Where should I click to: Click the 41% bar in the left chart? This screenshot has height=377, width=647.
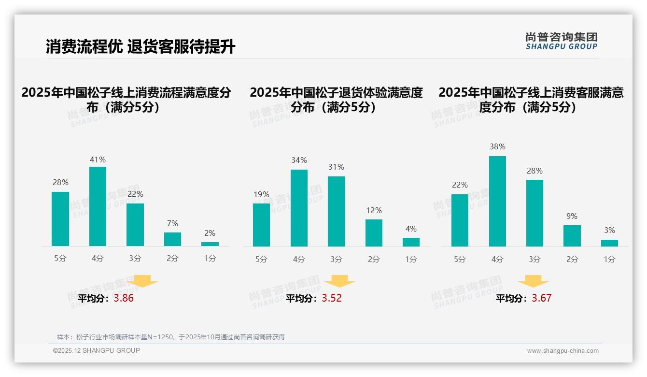pos(98,206)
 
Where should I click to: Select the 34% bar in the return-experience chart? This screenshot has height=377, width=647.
pos(299,208)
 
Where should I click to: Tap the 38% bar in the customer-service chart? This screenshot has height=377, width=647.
pos(497,201)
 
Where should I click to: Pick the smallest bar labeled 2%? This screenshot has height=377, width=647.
pos(210,244)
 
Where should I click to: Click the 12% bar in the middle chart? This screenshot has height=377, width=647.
pos(374,233)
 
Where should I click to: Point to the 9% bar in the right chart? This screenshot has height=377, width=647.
pos(572,236)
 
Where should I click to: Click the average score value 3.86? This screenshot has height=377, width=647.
pos(124,298)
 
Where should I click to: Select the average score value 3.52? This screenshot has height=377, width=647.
pos(332,298)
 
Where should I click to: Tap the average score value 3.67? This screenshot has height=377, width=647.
pos(541,298)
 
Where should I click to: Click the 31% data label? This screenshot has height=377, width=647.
pos(336,167)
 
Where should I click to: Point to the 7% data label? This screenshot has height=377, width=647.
pos(172,223)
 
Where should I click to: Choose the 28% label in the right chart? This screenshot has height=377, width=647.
pos(534,171)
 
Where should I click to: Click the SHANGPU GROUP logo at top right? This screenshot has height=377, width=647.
pos(561,41)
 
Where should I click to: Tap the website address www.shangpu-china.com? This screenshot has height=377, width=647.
pos(563,351)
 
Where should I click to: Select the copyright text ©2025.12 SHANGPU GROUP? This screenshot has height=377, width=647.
pos(97,350)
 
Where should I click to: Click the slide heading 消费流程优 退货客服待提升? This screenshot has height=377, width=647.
pos(141,46)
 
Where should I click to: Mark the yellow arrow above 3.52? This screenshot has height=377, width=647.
pos(340,281)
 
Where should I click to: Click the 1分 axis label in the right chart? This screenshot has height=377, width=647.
pos(609,259)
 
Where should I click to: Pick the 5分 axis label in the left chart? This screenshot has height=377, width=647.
pos(60,259)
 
